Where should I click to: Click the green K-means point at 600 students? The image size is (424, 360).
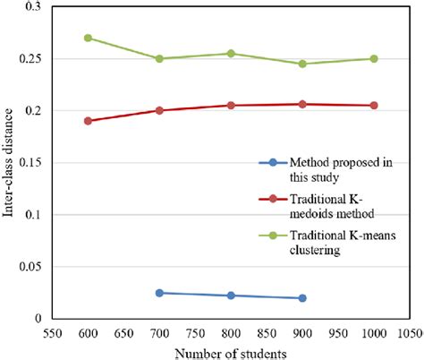[x=88, y=38]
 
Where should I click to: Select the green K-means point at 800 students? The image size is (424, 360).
[x=231, y=54]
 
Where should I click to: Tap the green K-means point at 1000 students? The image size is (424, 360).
[x=374, y=59]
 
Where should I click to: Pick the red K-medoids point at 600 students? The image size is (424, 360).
[x=88, y=121]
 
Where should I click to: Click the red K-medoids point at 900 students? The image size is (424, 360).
[x=302, y=105]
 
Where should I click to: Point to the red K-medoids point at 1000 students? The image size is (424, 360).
[x=374, y=106]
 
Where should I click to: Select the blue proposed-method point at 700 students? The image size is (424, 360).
[x=159, y=293]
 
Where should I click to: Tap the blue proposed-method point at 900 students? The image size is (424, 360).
[x=302, y=298]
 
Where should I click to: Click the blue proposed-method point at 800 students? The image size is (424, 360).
[x=231, y=296]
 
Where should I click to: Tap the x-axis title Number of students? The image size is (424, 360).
[x=231, y=351]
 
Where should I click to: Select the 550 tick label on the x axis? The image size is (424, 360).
[x=52, y=331]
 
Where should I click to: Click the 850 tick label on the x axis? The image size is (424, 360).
[x=267, y=331]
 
